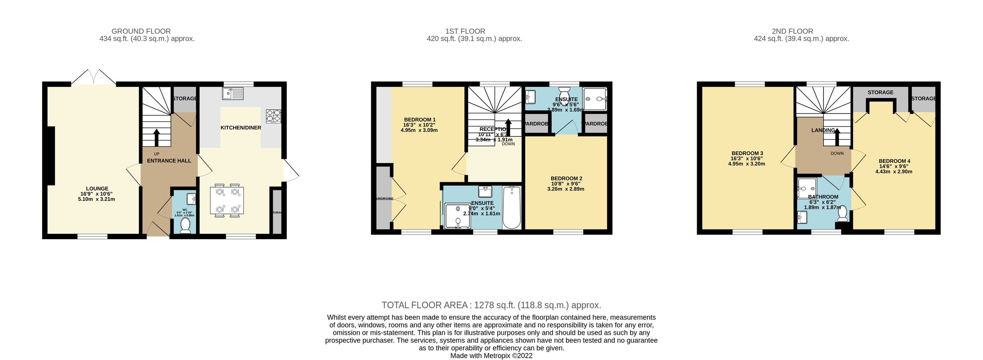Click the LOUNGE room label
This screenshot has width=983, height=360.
(97, 189)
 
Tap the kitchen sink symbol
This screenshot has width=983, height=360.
(233, 93)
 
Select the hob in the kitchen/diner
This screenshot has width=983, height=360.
(273, 116)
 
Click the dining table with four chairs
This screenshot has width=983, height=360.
(227, 201)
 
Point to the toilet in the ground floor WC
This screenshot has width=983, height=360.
(185, 226)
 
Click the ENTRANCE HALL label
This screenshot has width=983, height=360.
(169, 161)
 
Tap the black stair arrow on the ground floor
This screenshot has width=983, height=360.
(156, 138)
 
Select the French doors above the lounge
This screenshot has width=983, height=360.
(93, 78)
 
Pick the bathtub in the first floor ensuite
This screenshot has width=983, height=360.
(511, 207)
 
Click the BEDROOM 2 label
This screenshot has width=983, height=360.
(566, 179)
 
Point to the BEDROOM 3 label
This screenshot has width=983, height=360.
(747, 154)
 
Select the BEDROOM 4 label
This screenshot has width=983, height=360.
(894, 161)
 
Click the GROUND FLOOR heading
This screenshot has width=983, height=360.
(141, 31)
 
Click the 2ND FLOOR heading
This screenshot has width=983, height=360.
(792, 31)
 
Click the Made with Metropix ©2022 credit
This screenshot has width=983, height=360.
(491, 355)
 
